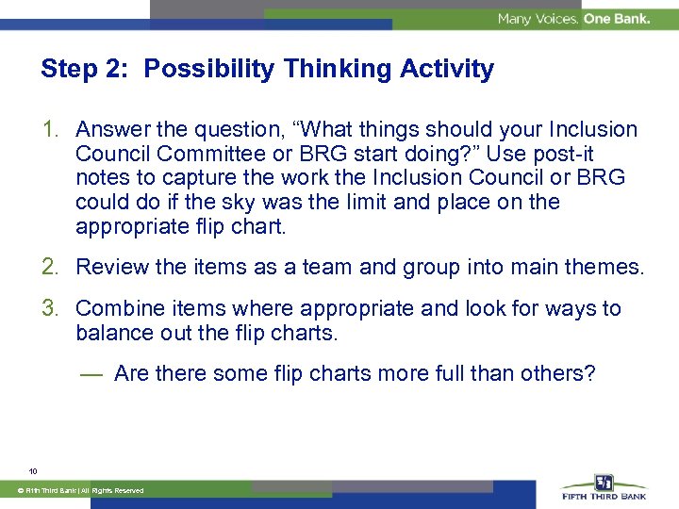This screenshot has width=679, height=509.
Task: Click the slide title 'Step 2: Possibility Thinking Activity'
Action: (267, 69)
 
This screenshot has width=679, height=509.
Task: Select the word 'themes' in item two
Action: (604, 267)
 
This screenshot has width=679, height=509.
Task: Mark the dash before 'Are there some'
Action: (91, 374)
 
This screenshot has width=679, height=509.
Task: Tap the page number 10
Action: (33, 470)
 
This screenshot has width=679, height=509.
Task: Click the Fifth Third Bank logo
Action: (604, 488)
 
